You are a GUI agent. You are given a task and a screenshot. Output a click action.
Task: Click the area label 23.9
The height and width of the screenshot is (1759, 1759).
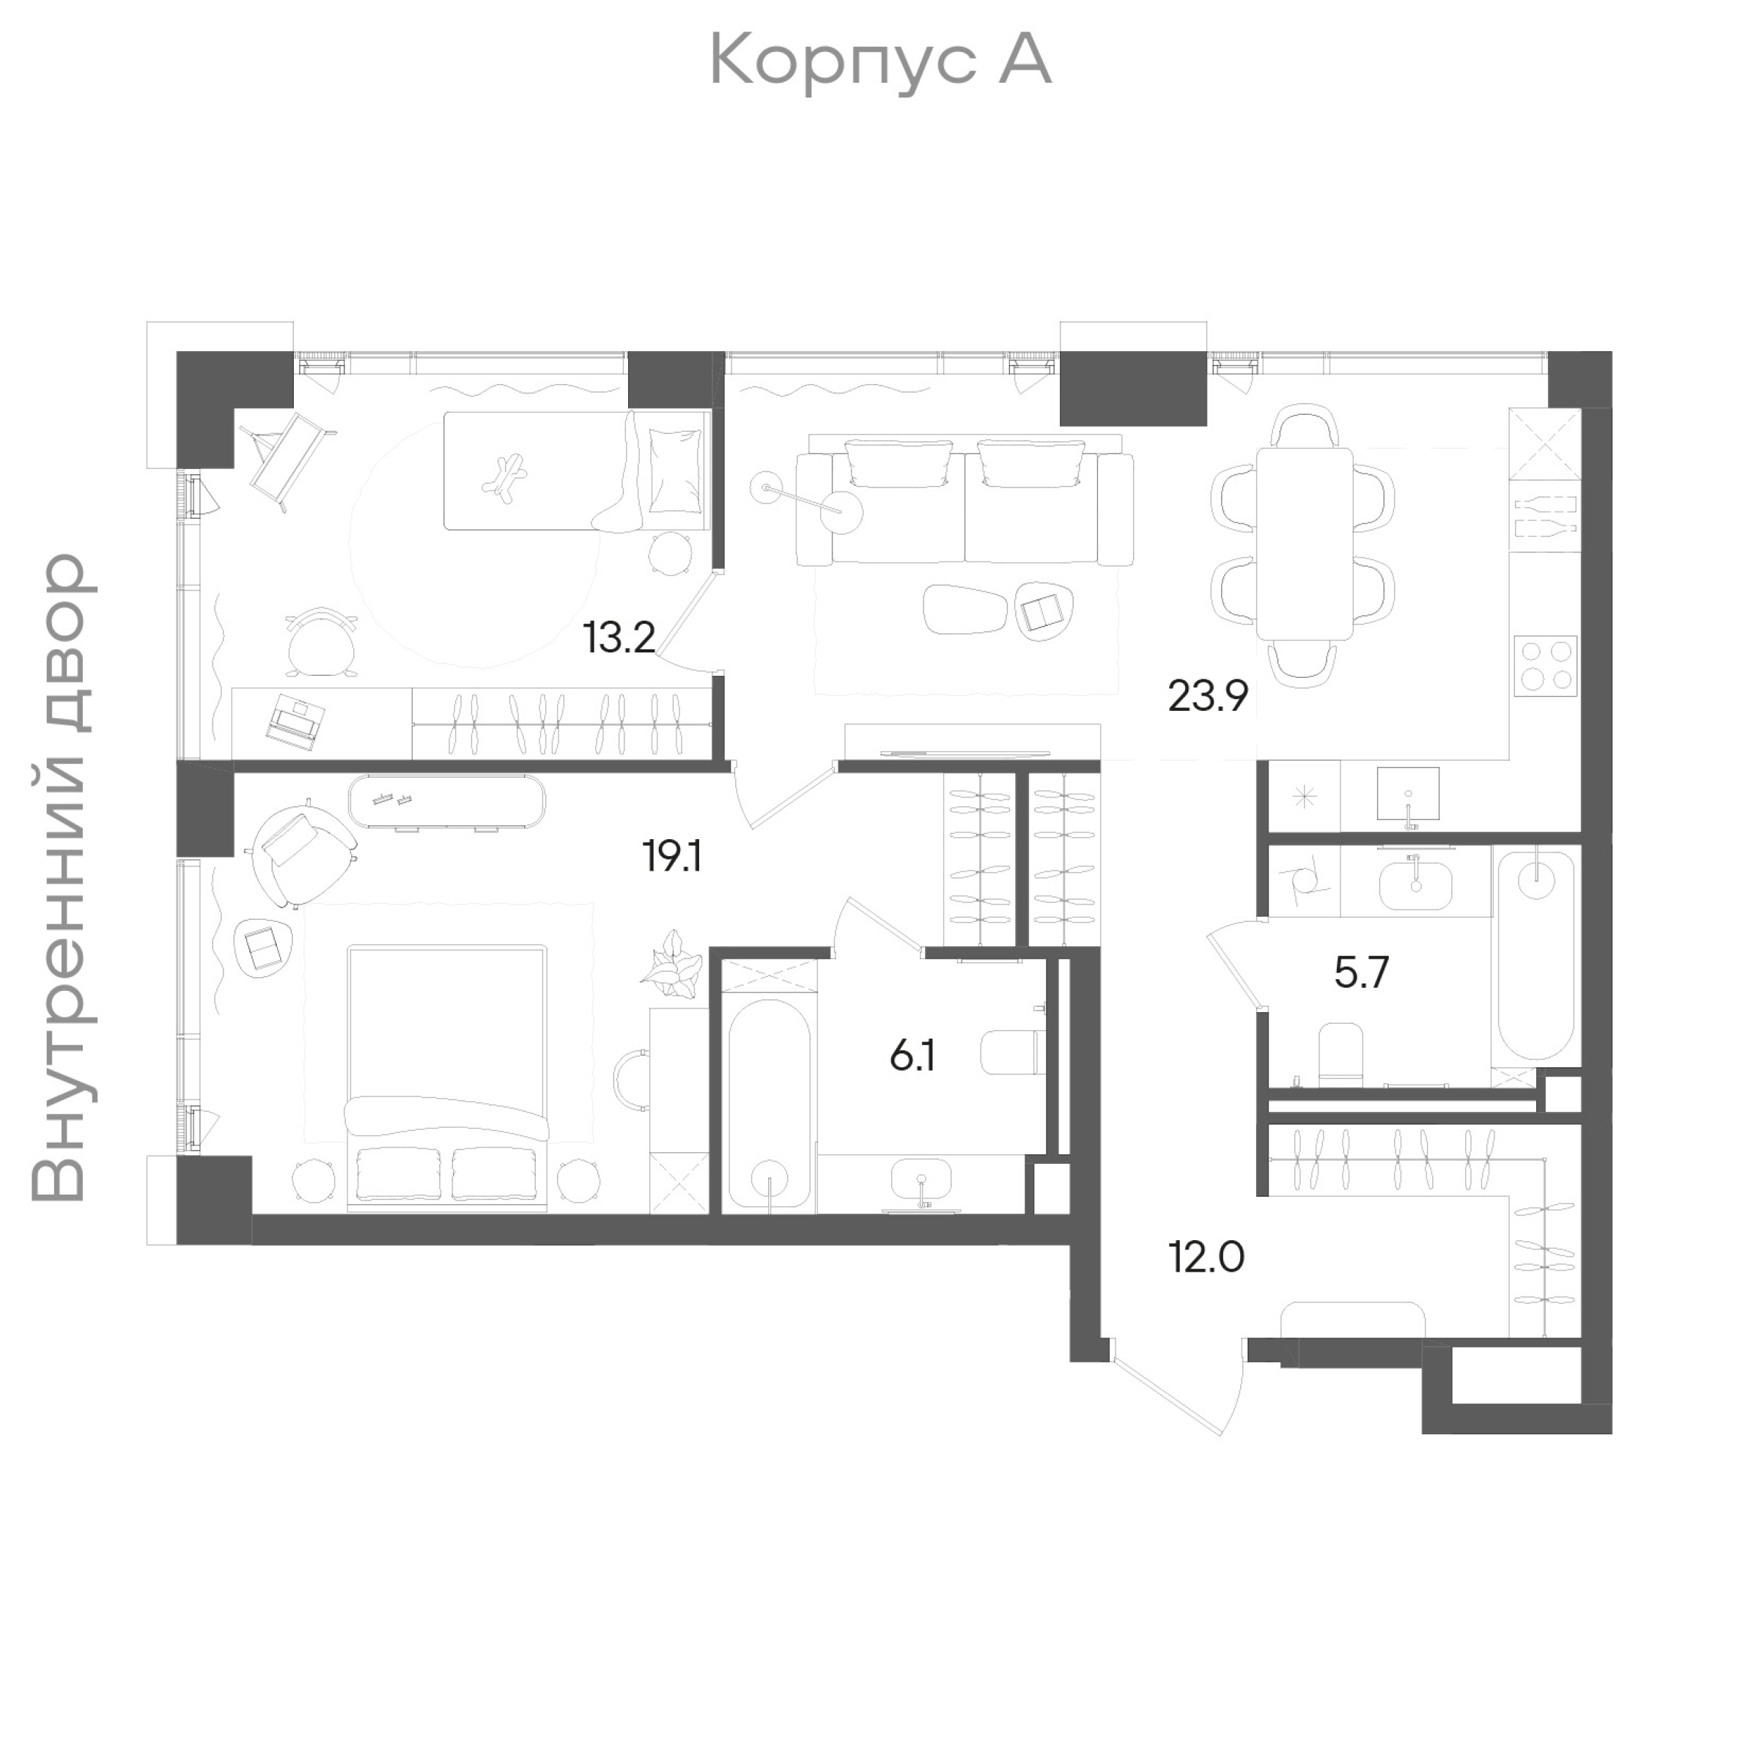click(1207, 698)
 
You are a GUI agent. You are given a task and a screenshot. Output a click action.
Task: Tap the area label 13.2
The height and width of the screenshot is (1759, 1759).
click(619, 638)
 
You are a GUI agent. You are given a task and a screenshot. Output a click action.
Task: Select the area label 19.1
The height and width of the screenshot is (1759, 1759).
click(672, 857)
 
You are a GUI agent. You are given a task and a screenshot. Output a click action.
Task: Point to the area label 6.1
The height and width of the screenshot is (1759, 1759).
click(912, 1057)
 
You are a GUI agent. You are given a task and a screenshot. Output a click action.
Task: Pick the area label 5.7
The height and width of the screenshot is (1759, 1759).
click(1361, 973)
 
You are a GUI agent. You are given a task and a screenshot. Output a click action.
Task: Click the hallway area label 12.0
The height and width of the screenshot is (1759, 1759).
click(1206, 1258)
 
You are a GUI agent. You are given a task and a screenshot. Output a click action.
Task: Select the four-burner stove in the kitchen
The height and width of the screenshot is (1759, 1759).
click(1545, 665)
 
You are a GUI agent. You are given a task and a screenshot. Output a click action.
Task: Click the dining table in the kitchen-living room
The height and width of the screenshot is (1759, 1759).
click(1304, 544)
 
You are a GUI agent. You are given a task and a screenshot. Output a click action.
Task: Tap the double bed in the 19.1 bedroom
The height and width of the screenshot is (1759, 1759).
click(447, 1079)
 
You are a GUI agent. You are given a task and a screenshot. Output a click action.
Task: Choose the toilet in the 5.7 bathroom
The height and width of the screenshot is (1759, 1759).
click(1341, 1055)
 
